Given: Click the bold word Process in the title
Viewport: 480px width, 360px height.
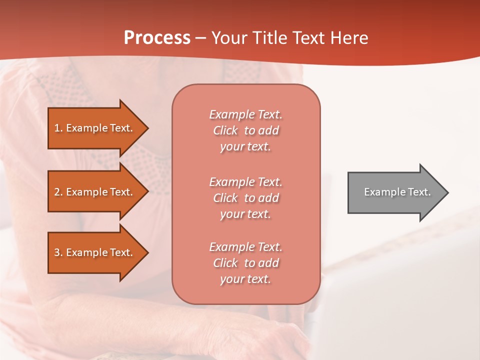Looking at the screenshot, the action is click(x=157, y=38).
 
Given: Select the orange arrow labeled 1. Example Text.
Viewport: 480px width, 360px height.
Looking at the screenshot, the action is click(x=95, y=128).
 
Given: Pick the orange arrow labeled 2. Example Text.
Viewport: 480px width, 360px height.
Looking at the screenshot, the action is click(x=95, y=192).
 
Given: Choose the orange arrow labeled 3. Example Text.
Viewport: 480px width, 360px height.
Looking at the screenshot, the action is click(x=95, y=252).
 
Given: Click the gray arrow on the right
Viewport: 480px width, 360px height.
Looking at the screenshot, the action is click(x=395, y=192).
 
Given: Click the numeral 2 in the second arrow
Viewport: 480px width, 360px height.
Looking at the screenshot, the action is click(x=57, y=192).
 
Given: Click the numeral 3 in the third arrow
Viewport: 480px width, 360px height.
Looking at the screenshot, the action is click(x=57, y=252).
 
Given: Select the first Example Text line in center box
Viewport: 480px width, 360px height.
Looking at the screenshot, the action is click(x=245, y=114).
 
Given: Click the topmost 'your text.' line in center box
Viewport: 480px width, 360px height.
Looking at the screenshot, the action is click(x=245, y=147).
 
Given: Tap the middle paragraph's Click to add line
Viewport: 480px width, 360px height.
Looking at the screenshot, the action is click(x=245, y=198).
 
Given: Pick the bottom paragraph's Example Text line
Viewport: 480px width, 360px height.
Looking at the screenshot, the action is click(x=245, y=247).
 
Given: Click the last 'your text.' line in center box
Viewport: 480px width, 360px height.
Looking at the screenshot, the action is click(x=245, y=279).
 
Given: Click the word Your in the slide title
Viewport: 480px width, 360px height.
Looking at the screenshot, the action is click(x=229, y=38).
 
